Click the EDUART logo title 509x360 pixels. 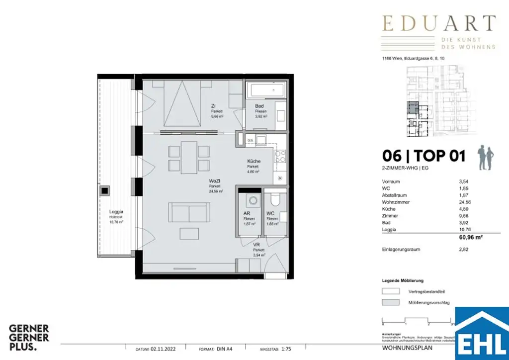click(x=438, y=24)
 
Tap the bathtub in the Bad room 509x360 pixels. click(x=266, y=91)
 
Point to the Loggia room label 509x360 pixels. click(x=116, y=211)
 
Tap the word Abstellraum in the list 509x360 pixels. click(x=394, y=195)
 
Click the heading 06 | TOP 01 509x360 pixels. click(x=424, y=156)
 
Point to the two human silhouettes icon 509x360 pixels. click(x=486, y=158)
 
